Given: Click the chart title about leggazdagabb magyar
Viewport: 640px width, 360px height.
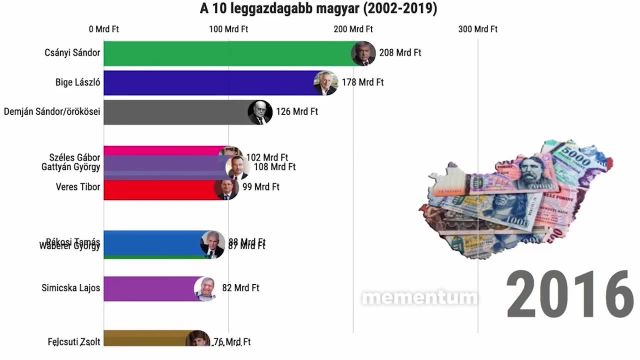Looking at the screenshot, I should pyautogui.click(x=318, y=8).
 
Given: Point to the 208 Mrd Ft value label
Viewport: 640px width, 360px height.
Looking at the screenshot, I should pyautogui.click(x=400, y=52).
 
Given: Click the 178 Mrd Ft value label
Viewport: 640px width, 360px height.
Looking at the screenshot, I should pyautogui.click(x=362, y=82).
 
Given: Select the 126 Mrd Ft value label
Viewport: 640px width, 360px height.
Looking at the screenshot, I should pyautogui.click(x=297, y=111).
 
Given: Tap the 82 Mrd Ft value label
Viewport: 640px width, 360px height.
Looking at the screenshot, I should pyautogui.click(x=240, y=288).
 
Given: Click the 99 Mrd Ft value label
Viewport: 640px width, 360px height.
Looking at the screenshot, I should pyautogui.click(x=260, y=187).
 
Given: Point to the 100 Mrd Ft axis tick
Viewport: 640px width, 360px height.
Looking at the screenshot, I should pyautogui.click(x=228, y=29).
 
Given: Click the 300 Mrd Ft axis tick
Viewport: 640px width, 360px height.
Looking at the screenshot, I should pyautogui.click(x=477, y=29).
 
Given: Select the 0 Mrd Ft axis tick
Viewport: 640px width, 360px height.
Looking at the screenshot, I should pyautogui.click(x=104, y=29).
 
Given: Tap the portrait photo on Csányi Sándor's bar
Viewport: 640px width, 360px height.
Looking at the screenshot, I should pyautogui.click(x=363, y=53).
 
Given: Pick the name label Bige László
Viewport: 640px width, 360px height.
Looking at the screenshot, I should pyautogui.click(x=77, y=82).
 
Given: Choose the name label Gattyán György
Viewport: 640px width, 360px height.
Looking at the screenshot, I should pyautogui.click(x=70, y=167).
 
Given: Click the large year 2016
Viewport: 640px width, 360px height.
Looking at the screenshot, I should pyautogui.click(x=569, y=294).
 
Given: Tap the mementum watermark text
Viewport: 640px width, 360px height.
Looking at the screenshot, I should pyautogui.click(x=419, y=298).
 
